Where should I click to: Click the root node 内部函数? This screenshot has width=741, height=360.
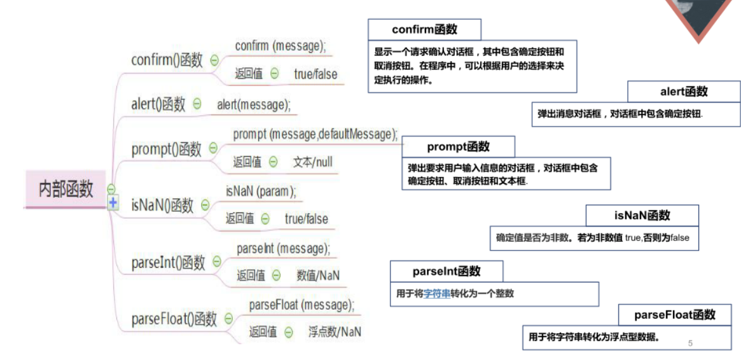tap(66, 189)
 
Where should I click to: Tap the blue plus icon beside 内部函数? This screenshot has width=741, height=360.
tap(113, 203)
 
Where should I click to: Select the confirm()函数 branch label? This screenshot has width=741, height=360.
tap(167, 60)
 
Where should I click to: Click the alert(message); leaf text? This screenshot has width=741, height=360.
tap(254, 104)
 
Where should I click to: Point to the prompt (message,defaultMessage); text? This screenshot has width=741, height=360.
tap(315, 134)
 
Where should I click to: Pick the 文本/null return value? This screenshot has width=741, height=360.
tap(313, 162)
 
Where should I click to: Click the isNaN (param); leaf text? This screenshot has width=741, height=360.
tap(261, 191)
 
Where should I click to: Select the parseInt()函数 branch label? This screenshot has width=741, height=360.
tap(169, 262)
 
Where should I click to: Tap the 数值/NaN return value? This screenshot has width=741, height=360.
tap(318, 275)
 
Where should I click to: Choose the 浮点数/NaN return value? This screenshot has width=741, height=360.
tap(335, 331)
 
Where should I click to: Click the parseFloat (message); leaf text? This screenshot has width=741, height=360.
tap(301, 305)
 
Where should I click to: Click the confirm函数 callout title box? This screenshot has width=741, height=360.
tap(424, 30)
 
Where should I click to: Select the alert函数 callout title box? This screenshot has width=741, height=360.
tap(684, 92)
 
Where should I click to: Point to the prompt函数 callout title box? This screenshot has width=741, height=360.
tap(458, 147)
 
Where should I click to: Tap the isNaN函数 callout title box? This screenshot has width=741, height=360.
tap(642, 216)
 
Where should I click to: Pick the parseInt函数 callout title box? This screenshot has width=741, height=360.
tap(447, 272)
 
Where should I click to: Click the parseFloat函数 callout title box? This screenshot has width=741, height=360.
tap(675, 315)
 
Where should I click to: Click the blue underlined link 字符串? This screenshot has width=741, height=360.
tap(437, 294)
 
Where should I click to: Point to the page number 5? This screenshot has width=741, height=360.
tap(690, 343)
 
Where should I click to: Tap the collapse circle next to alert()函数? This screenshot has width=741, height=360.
tap(197, 104)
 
